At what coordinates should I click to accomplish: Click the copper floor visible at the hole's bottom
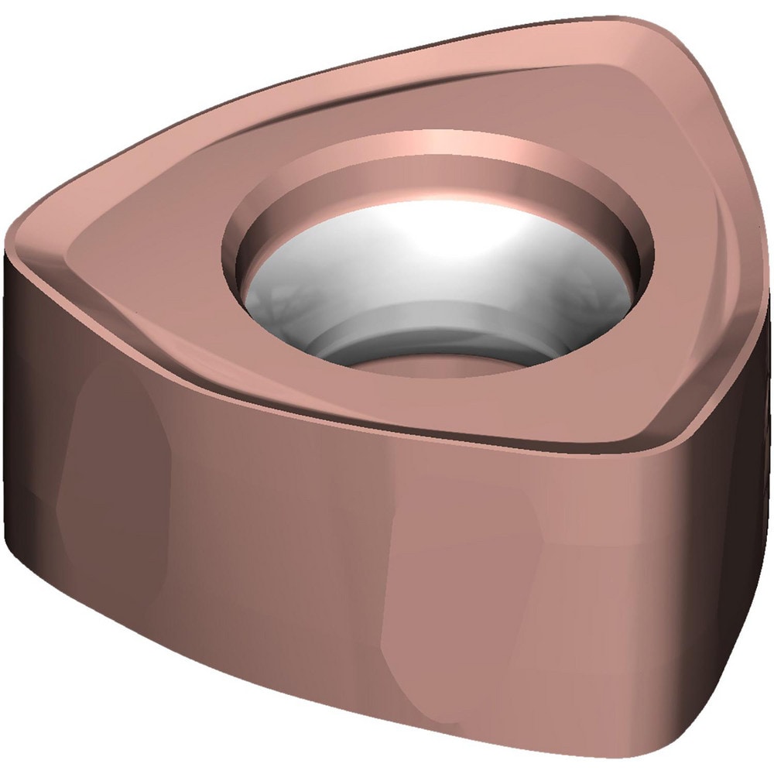pos(433,364)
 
